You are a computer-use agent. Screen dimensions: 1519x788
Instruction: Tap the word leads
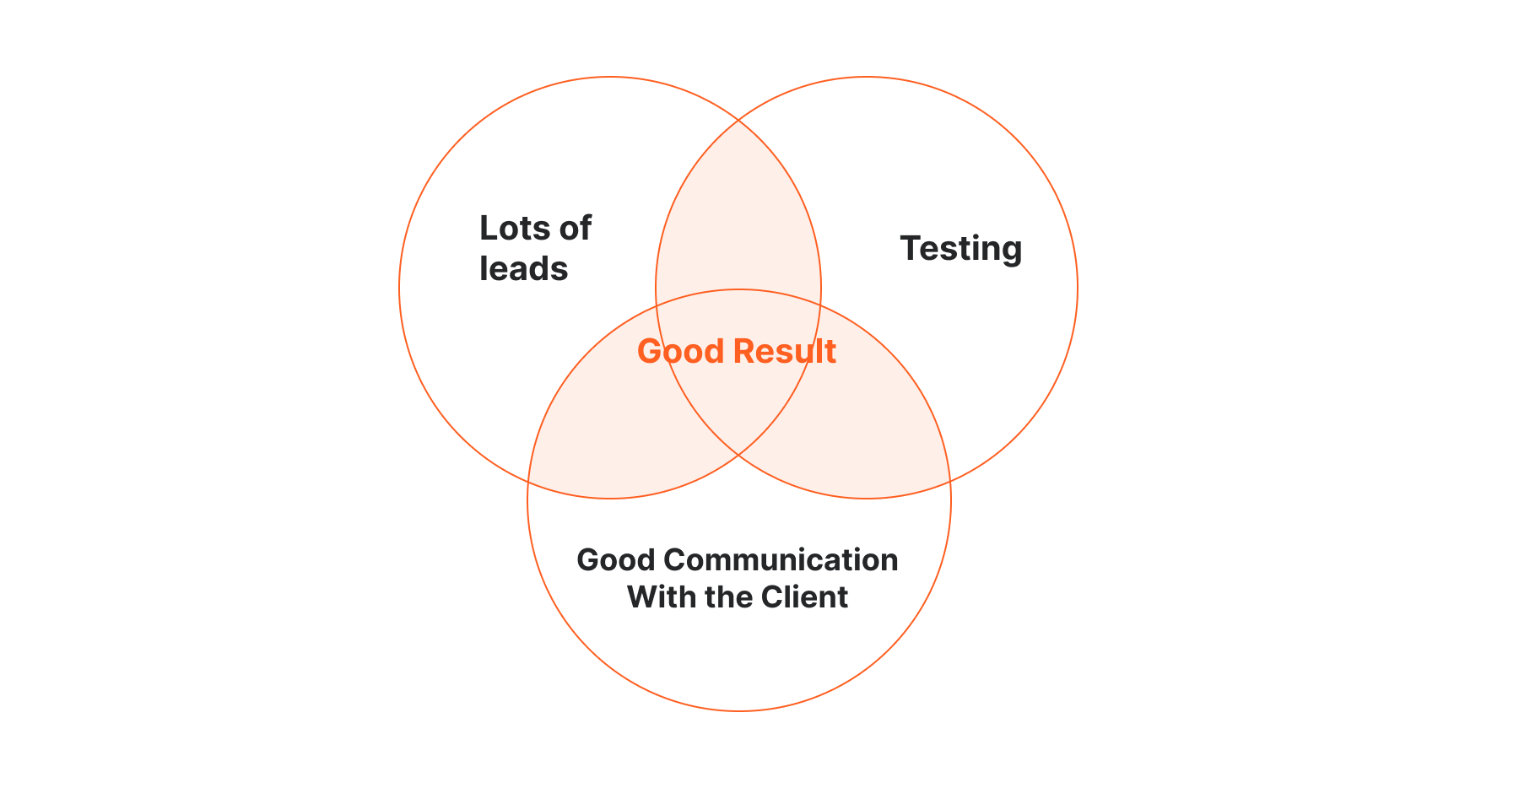pyautogui.click(x=523, y=268)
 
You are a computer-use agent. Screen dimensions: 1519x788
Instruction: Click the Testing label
pyautogui.click(x=961, y=249)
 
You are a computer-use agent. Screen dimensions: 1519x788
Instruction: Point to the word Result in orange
pyautogui.click(x=785, y=351)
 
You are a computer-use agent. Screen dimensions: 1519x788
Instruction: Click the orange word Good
pyautogui.click(x=681, y=351)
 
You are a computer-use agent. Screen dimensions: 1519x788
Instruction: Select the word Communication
pyautogui.click(x=781, y=559)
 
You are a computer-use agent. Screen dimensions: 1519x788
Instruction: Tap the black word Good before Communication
pyautogui.click(x=616, y=559)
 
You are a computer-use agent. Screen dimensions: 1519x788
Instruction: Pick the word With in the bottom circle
pyautogui.click(x=662, y=596)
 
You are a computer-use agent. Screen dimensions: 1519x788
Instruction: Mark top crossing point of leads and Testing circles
pyautogui.click(x=738, y=120)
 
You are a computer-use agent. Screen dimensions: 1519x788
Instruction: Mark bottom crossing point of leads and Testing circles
pyautogui.click(x=738, y=456)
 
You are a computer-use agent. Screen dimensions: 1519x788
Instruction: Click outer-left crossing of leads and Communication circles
pyautogui.click(x=528, y=482)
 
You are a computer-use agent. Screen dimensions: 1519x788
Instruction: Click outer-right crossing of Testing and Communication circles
pyautogui.click(x=950, y=481)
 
